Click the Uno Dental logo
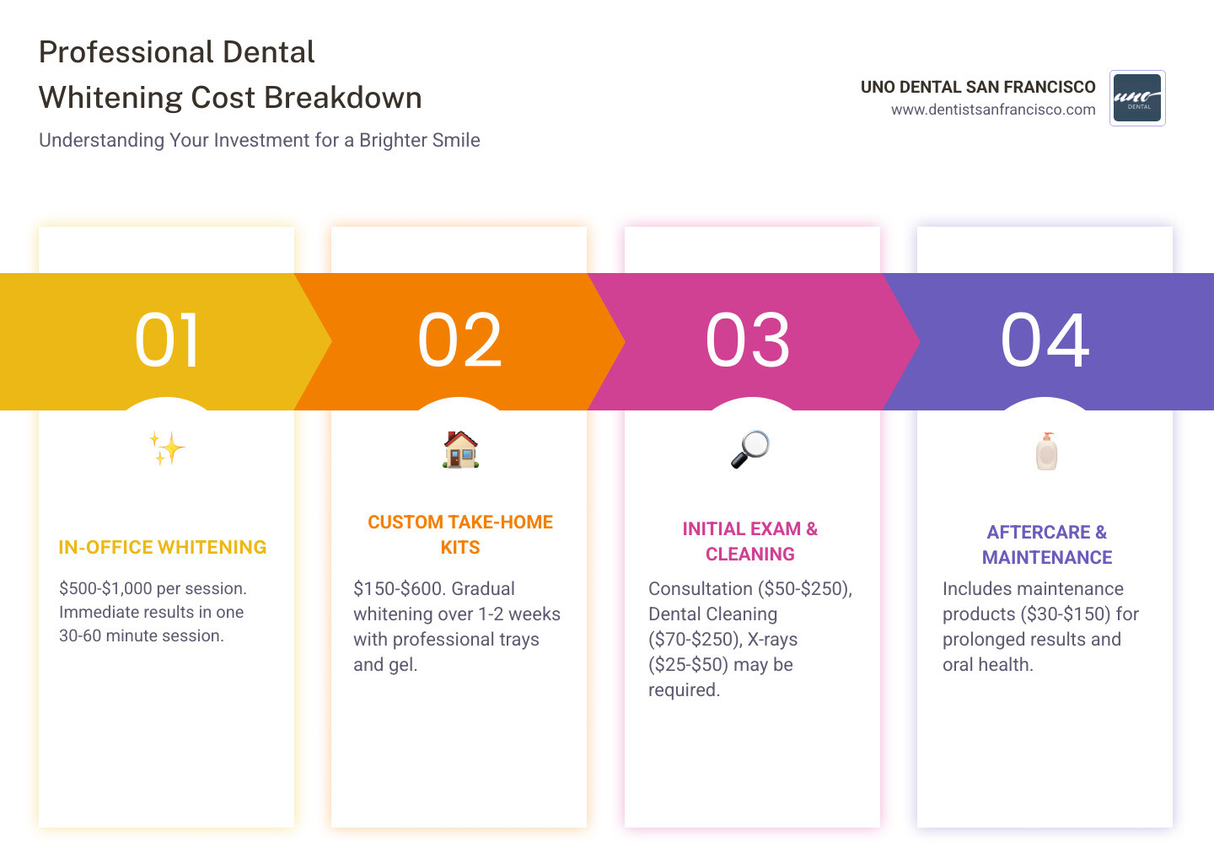1137,98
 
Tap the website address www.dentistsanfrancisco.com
993,110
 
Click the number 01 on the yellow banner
167,340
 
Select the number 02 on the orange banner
459,340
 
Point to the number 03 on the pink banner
748,340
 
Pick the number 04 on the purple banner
1045,340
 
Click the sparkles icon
167,448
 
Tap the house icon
460,449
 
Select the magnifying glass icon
749,449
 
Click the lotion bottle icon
1046,451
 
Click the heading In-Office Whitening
163,548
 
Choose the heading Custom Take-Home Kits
460,534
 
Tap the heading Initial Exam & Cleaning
750,541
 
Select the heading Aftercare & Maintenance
1047,544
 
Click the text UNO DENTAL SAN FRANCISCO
978,87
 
